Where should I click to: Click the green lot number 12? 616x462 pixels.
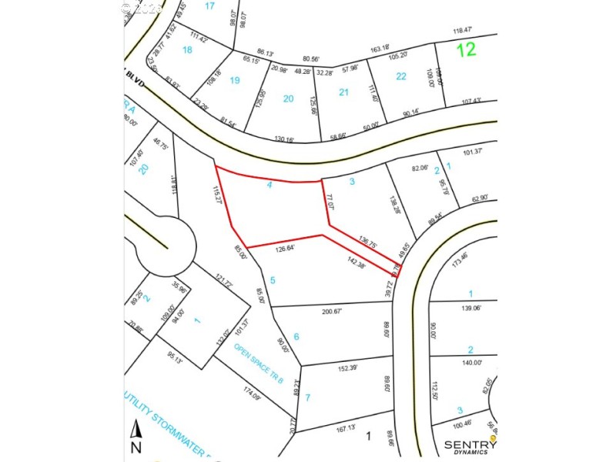[x=465, y=50]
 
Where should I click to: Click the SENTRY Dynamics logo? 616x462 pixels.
[x=470, y=446]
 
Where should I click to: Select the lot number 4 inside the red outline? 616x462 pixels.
[x=269, y=185]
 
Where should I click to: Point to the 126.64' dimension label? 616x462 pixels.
[x=285, y=249]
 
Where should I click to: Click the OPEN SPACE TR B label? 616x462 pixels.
[x=259, y=364]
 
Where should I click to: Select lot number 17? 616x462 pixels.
[x=209, y=6]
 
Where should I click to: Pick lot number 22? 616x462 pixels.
[x=401, y=75]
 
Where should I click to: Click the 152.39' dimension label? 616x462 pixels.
[x=349, y=368]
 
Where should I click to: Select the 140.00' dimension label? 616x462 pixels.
[x=470, y=363]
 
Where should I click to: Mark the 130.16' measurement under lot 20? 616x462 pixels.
[x=284, y=139]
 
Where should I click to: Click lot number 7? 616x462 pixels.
[x=307, y=397]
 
